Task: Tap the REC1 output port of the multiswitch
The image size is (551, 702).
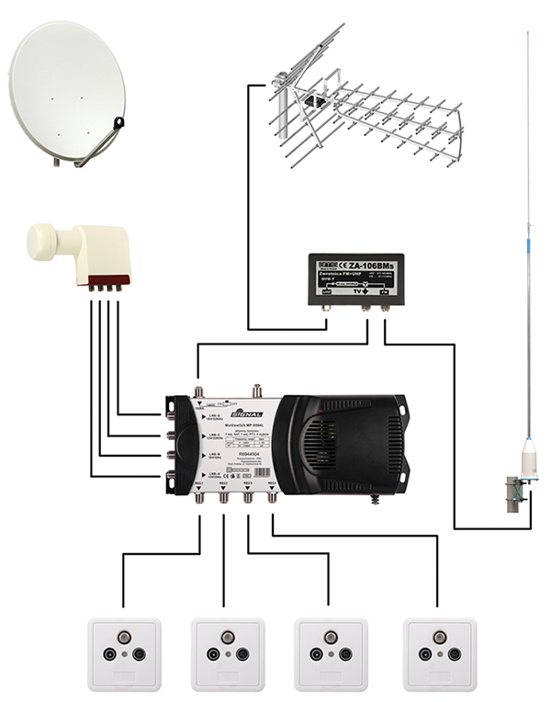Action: (x=200, y=499)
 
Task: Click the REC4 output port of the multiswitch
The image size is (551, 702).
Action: (x=273, y=499)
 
